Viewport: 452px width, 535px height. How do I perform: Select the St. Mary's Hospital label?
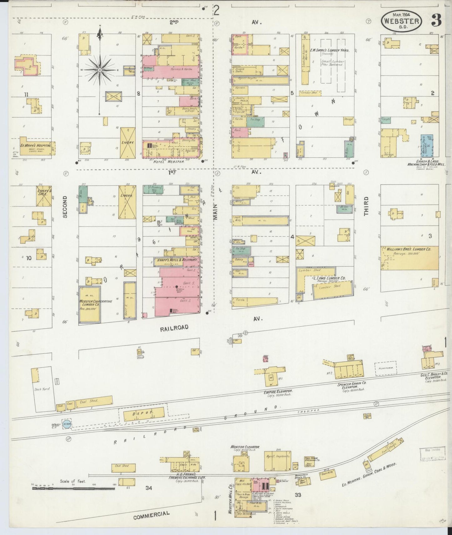pyautogui.click(x=36, y=145)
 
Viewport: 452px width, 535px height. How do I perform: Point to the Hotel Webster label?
pyautogui.click(x=168, y=162)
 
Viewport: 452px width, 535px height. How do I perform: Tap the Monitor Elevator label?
pyautogui.click(x=245, y=447)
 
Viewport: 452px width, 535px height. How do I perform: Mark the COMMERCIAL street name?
pyautogui.click(x=151, y=515)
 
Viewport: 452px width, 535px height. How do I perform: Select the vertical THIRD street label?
pyautogui.click(x=366, y=206)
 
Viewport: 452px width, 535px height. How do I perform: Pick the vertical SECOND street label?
pyautogui.click(x=65, y=207)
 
